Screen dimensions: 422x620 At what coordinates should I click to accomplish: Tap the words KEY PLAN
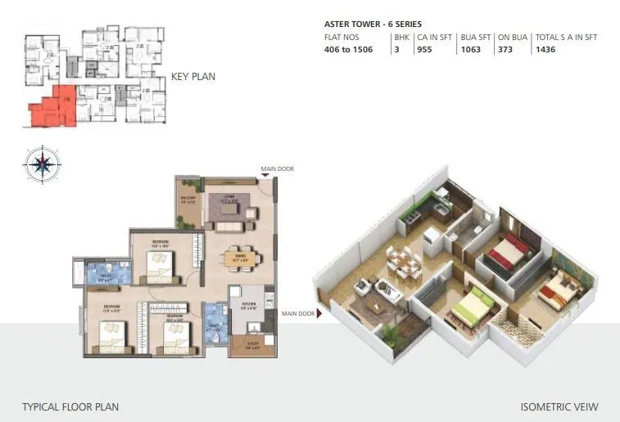coord(193,77)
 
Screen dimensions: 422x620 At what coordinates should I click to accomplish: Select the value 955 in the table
coord(424,49)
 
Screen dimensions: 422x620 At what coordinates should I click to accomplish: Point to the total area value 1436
coord(546,49)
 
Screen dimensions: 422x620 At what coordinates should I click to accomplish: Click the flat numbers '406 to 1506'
coord(349,49)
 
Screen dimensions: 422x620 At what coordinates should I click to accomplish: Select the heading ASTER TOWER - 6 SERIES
coord(373,25)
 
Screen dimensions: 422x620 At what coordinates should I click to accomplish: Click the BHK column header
coord(401,37)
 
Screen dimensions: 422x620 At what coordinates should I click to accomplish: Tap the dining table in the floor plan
coord(242,258)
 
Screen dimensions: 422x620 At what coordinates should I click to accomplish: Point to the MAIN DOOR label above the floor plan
coord(277,168)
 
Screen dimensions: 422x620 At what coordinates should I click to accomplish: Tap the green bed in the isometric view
coord(472,310)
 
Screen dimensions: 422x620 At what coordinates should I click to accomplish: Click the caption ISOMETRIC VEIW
coord(559,406)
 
